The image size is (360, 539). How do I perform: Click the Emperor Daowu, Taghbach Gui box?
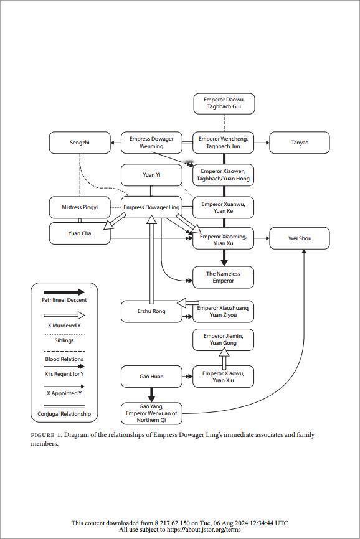224,103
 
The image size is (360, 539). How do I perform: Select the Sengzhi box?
80,143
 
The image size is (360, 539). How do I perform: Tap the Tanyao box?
300,143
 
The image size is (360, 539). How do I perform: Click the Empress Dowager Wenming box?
151,143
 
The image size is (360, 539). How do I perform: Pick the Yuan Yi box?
151,175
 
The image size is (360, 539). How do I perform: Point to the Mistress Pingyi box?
80,207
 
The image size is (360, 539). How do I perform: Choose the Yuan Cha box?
80,233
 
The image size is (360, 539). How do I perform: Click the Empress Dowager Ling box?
151,207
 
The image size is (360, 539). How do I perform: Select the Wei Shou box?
300,238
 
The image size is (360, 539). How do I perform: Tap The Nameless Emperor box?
223,278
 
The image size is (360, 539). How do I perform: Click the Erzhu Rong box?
151,311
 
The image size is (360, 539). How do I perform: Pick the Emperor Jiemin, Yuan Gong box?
223,340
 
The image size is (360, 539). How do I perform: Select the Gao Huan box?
151,377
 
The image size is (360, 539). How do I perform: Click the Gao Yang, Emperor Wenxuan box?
151,413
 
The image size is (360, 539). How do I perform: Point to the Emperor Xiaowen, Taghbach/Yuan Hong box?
223,175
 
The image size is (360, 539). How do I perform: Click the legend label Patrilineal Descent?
64,300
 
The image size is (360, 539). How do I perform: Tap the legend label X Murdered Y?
64,326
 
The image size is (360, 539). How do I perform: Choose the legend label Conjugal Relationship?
64,414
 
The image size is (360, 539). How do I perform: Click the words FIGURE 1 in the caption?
47,435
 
